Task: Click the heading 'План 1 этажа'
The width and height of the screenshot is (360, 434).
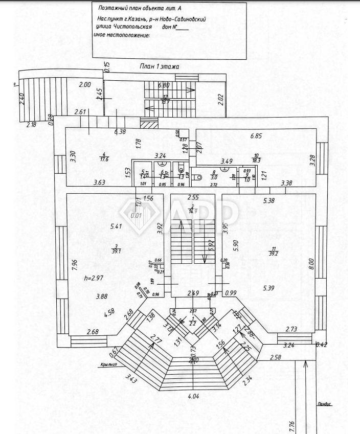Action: click(160, 66)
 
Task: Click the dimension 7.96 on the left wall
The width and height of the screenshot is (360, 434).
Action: click(74, 264)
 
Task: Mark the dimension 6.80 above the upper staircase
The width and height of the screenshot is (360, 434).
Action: click(164, 86)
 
